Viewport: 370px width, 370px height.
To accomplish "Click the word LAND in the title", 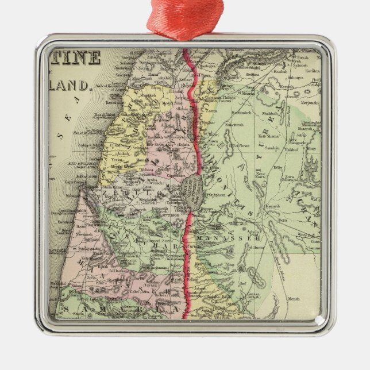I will [x=72, y=86].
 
